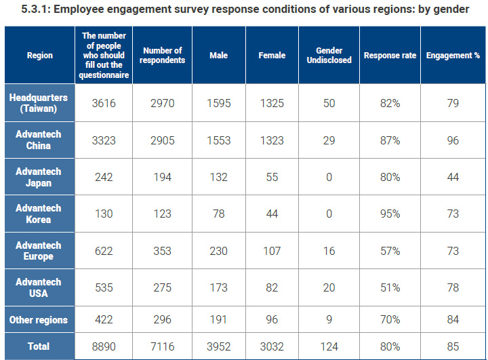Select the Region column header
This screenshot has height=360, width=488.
pos(39,56)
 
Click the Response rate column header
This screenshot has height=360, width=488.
pos(390,56)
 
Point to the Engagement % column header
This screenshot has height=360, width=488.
pos(453,56)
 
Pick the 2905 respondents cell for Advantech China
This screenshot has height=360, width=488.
pos(163,140)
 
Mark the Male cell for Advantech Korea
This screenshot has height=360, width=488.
pos(218,214)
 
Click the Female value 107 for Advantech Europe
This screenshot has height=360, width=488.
pos(272,251)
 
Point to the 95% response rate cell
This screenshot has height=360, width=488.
pos(390,214)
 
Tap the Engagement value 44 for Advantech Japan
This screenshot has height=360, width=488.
pos(453,178)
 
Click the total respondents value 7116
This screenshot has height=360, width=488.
pos(163,346)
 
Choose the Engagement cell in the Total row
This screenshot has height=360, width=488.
pos(453,346)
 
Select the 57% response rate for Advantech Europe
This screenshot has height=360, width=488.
pos(390,251)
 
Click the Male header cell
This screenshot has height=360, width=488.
pos(218,56)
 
